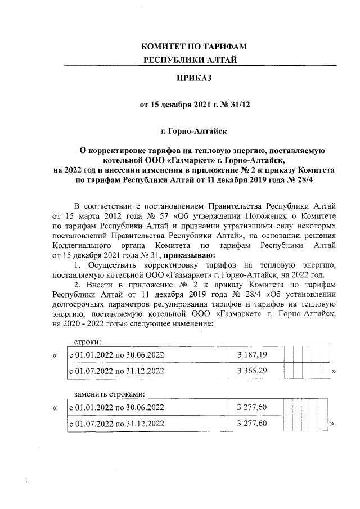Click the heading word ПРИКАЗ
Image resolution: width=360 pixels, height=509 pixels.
tap(193, 78)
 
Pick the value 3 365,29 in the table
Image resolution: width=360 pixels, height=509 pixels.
tap(252, 371)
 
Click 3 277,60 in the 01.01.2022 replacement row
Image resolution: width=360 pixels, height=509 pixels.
tap(252, 407)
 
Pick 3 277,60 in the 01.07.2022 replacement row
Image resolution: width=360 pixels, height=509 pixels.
tap(252, 423)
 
